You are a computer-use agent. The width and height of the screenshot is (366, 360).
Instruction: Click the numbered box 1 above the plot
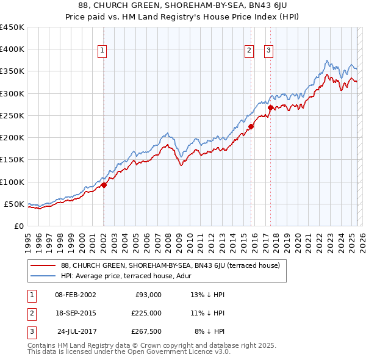coord(102,51)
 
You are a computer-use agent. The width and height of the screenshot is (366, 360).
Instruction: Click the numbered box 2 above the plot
coord(249,51)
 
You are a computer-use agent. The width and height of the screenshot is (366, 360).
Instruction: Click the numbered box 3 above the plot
coord(269,51)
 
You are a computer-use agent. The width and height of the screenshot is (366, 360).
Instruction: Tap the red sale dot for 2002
coord(104,185)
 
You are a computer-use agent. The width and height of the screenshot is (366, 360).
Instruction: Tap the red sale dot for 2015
coord(251,127)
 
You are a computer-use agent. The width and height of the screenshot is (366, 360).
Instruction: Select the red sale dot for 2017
coord(270,107)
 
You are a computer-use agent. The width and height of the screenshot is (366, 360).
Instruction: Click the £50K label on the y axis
coord(14,204)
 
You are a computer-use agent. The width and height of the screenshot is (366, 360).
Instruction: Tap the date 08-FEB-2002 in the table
coord(75,295)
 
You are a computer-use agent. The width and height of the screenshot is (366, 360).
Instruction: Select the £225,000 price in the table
coord(146,313)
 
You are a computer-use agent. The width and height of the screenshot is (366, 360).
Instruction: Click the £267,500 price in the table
coord(146,331)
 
